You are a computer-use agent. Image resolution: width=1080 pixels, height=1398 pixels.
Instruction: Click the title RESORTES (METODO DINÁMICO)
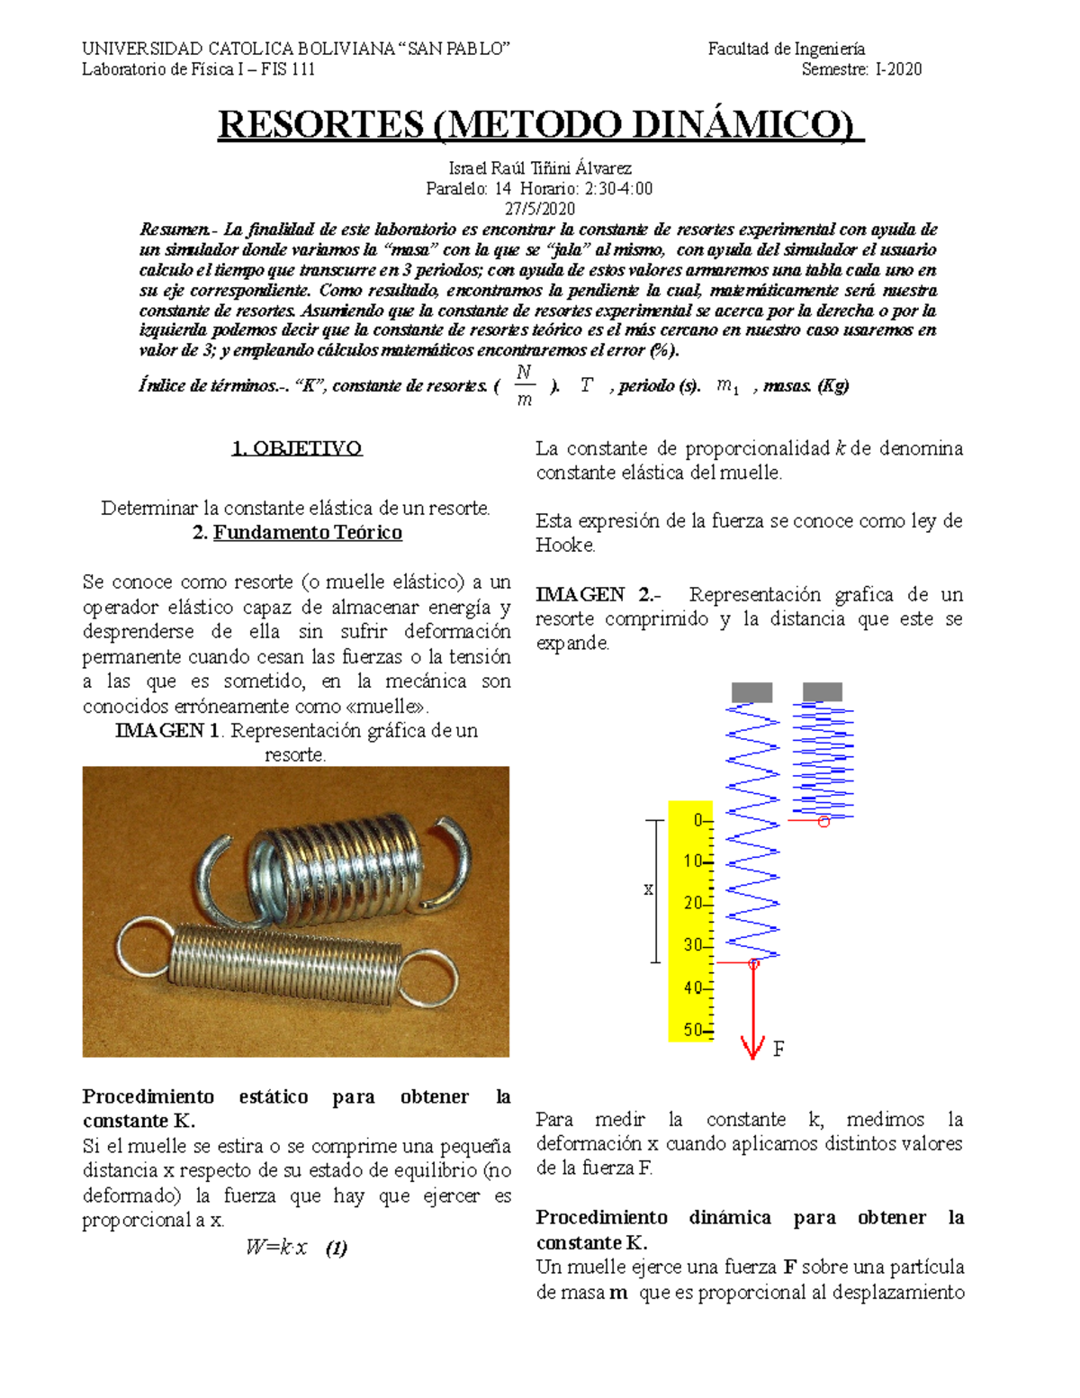pos(540,125)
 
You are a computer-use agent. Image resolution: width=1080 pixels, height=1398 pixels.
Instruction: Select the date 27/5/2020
pos(539,209)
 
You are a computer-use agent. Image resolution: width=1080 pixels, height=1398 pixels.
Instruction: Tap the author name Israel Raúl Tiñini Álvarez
pos(540,168)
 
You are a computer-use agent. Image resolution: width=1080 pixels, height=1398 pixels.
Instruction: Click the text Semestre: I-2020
pos(861,69)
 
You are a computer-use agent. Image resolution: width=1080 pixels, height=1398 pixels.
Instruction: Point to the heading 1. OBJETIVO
pos(297,448)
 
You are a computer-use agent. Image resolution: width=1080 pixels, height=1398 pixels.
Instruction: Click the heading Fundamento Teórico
pos(308,533)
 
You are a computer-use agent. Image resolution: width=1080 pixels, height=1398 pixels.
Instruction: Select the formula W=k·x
pos(277,1248)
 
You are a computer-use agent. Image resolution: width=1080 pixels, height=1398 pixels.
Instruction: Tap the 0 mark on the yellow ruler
pos(698,820)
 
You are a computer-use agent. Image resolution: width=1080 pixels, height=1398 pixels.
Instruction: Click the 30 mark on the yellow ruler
pos(694,945)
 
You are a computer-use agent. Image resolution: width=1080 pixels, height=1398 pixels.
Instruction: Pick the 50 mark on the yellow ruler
pos(694,1030)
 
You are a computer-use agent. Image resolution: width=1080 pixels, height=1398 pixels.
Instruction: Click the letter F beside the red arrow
pos(778,1049)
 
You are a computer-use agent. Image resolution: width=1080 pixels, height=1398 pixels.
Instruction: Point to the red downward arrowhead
pos(752,1048)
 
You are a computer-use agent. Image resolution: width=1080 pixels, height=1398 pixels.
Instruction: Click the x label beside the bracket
pos(648,889)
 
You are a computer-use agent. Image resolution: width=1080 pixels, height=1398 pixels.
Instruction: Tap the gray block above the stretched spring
pos(751,691)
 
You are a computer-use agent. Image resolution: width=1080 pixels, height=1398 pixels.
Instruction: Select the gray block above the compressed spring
pos(822,690)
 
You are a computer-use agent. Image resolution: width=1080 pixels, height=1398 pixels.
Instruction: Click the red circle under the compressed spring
pos(823,822)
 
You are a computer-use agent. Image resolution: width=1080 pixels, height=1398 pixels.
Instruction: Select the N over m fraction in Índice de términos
pos(525,385)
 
